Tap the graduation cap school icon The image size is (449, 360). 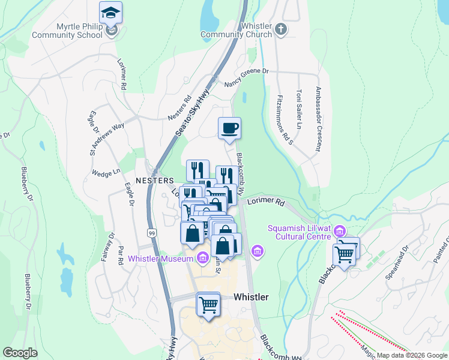(110, 13)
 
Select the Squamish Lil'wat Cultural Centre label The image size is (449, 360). (298, 232)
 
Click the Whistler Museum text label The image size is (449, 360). (160, 259)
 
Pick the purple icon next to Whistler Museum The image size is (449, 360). (203, 259)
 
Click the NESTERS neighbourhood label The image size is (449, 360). (154, 181)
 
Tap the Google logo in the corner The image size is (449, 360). (20, 353)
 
